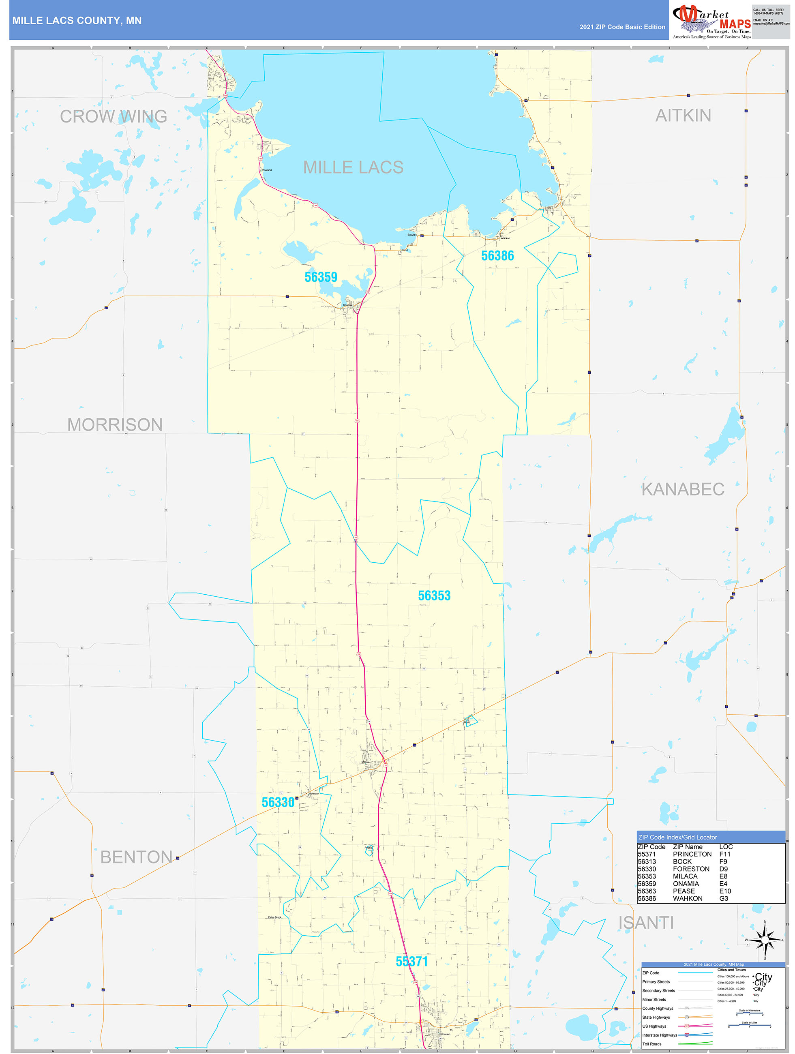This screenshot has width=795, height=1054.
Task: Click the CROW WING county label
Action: coord(114,116)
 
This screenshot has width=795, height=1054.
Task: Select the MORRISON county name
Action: coord(115,424)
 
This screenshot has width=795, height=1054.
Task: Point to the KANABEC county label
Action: coord(683,489)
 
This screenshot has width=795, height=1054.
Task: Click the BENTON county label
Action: coord(136,857)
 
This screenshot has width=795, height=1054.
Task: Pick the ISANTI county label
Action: coord(646,923)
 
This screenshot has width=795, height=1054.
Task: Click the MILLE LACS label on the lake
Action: coord(353,167)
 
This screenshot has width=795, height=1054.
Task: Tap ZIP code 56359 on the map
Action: coord(321,277)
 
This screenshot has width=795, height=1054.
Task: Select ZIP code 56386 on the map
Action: coord(497,256)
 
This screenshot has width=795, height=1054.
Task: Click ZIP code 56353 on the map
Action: coord(434,596)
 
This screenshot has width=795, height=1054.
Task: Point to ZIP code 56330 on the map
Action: coord(278,802)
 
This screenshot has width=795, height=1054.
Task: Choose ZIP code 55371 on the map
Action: coord(411,962)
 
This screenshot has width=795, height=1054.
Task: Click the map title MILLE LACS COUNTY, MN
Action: coord(77,21)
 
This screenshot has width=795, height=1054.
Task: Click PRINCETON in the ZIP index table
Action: coord(692,855)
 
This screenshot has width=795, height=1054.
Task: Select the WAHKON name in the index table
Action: coord(687,899)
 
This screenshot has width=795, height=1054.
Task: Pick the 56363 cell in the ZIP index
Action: coord(647,891)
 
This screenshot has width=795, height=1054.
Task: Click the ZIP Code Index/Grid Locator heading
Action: coord(677,837)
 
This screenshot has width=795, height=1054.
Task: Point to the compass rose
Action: coord(765,940)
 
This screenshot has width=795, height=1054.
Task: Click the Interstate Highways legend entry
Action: coord(659,1035)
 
